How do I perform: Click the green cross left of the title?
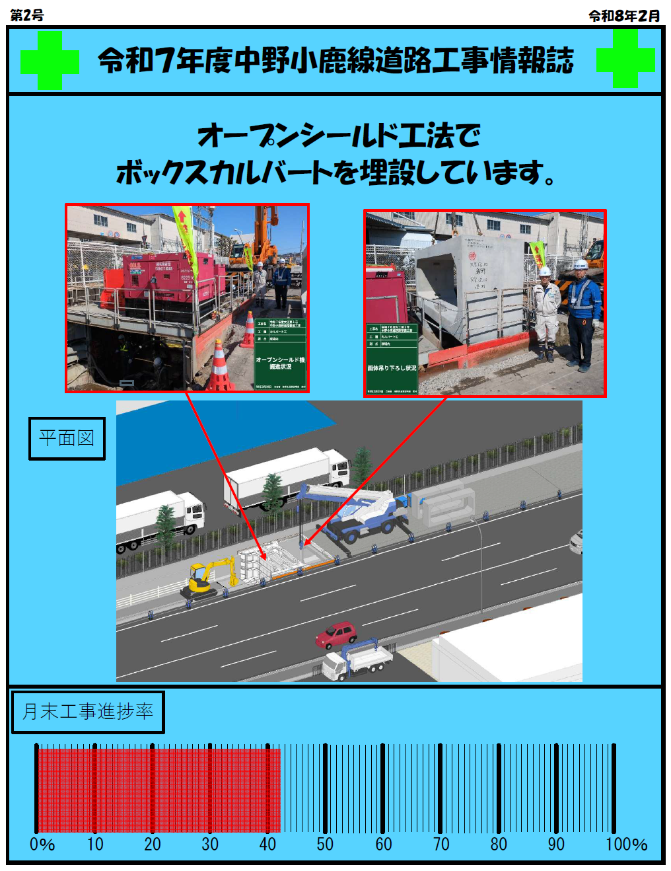click(50, 60)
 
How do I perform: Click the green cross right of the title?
click(625, 59)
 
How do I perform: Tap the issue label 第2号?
click(27, 15)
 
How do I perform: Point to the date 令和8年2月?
click(624, 16)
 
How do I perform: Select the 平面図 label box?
click(67, 438)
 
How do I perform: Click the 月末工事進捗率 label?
click(88, 712)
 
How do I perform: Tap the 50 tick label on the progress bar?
click(325, 845)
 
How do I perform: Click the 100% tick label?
click(626, 845)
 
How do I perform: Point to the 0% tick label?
click(42, 845)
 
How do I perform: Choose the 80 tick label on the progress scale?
click(499, 845)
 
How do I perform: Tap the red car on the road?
click(336, 634)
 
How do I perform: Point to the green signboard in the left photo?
click(281, 354)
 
